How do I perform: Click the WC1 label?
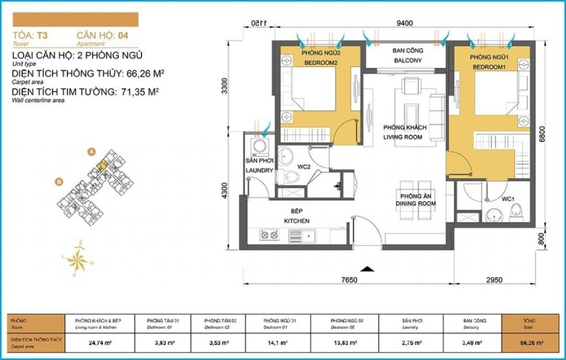[x=507, y=199]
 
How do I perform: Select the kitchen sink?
[x=309, y=234]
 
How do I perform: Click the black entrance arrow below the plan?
[x=368, y=269]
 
